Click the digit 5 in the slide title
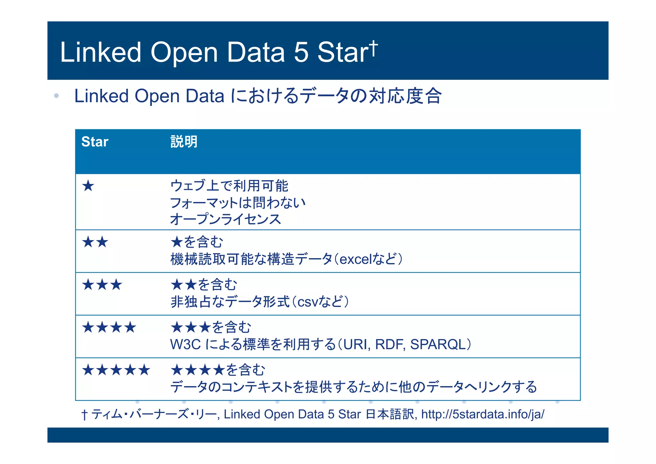tap(301, 52)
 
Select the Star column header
tap(95, 142)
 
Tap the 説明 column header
tap(184, 142)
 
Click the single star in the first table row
tap(88, 186)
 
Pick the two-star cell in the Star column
tap(95, 242)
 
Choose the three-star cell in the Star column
tap(102, 284)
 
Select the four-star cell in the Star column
tap(109, 327)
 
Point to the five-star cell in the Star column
tap(116, 370)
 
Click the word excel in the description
tap(354, 259)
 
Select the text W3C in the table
tap(185, 344)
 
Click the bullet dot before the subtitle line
tap(57, 96)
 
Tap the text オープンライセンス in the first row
tap(225, 219)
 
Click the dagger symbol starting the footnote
tap(84, 415)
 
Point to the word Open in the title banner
tap(184, 52)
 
